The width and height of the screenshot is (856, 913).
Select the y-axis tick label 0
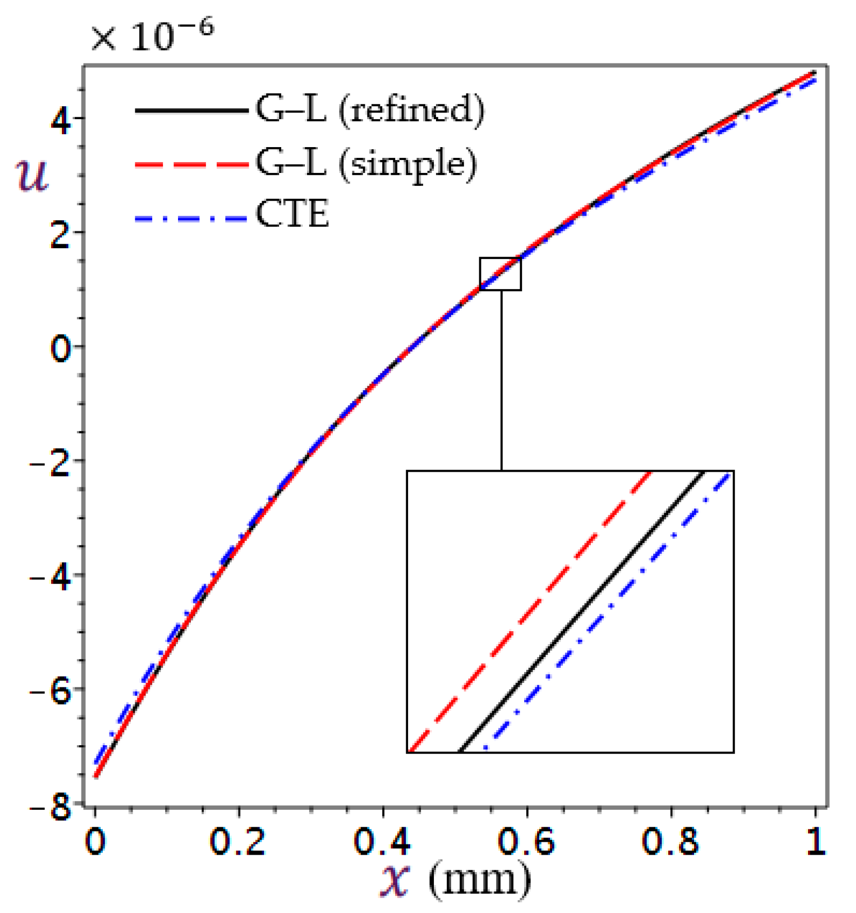tap(61, 349)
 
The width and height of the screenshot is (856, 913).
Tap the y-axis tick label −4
tap(51, 578)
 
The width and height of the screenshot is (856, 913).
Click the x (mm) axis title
tap(456, 880)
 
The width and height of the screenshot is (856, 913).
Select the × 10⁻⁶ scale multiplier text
tap(152, 35)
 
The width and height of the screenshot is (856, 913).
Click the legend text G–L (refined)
tap(370, 109)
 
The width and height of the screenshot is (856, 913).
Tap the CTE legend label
tap(292, 214)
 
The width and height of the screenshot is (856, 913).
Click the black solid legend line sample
tap(191, 110)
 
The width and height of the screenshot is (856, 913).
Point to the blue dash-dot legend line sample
tap(191, 219)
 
